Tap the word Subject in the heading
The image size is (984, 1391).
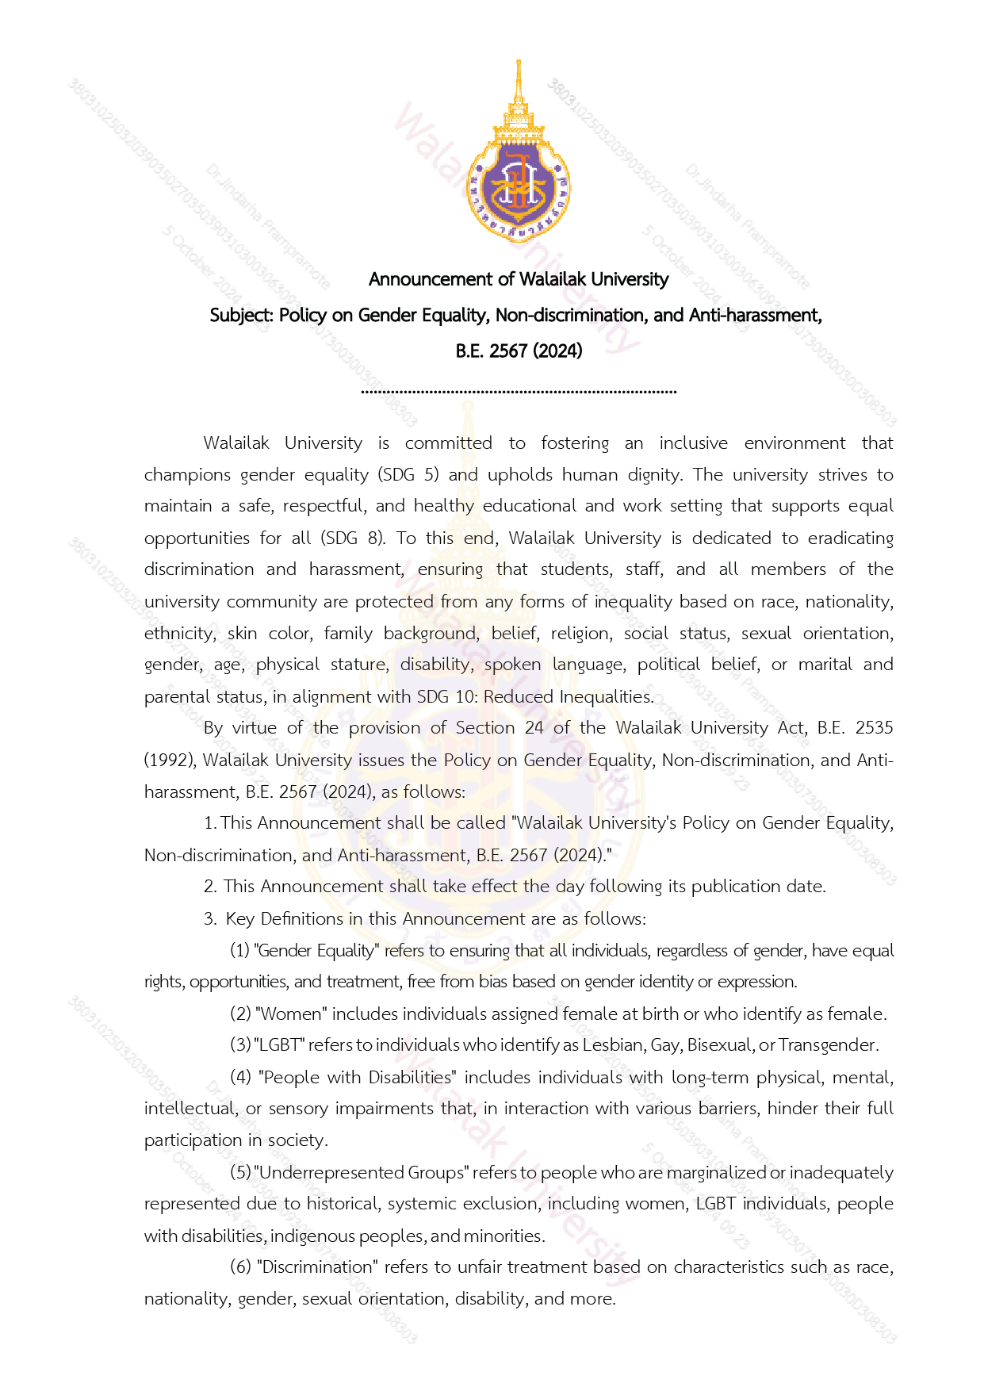(x=240, y=316)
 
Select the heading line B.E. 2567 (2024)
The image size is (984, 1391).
(x=519, y=351)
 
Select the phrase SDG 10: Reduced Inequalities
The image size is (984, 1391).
(x=534, y=697)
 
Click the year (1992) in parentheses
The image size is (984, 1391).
(x=170, y=761)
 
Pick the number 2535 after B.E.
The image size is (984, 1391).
(x=874, y=728)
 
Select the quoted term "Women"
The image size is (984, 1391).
(x=290, y=1014)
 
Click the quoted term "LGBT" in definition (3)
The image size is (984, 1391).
(x=279, y=1045)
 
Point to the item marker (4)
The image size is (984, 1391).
(x=240, y=1078)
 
